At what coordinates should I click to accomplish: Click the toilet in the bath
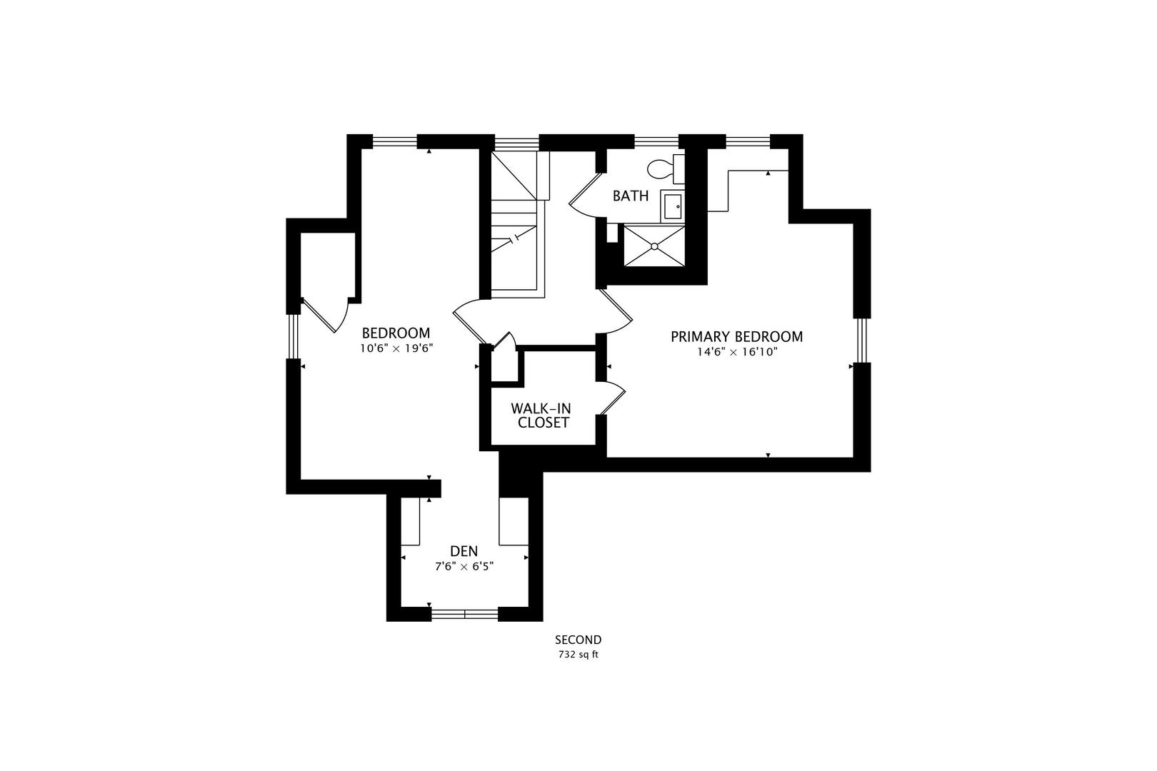tap(664, 169)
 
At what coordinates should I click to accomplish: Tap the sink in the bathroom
tap(673, 206)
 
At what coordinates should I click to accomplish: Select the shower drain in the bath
tap(654, 246)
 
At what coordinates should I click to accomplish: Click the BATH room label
tap(631, 196)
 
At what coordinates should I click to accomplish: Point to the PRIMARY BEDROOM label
tap(736, 336)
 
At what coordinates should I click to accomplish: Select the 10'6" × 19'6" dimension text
tap(397, 348)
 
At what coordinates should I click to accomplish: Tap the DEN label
tap(464, 551)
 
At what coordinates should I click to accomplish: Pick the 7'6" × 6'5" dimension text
tap(464, 566)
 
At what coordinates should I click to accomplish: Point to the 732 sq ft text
tap(578, 654)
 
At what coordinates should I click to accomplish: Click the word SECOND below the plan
tap(578, 640)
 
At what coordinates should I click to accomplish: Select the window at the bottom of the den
tap(464, 613)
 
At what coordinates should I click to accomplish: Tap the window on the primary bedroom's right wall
tap(862, 339)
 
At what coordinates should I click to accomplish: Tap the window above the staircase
tap(516, 142)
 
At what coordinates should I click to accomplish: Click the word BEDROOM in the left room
tap(396, 333)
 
